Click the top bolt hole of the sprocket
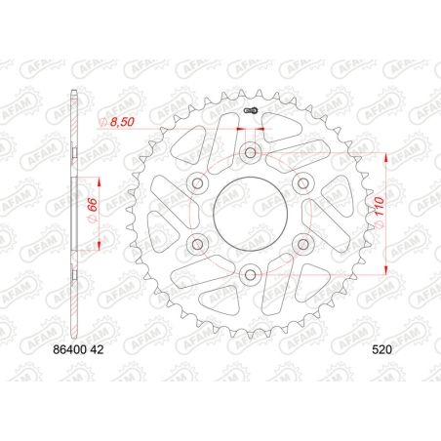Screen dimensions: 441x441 pos(251,152)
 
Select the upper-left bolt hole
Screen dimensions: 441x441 pos(198,182)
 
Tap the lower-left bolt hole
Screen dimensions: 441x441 pos(198,243)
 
